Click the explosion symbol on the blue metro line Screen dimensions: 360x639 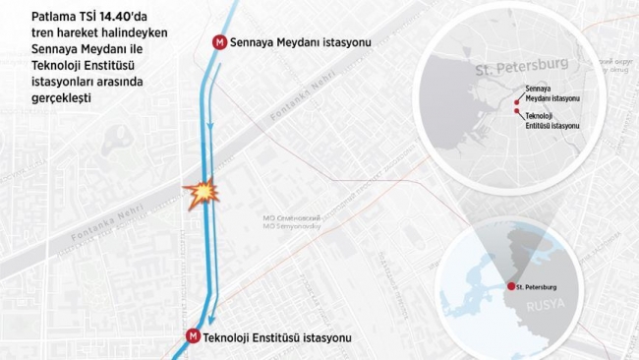click(x=200, y=193)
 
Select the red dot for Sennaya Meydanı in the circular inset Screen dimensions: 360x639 click(x=517, y=97)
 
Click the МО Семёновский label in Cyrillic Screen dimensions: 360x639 click(x=292, y=216)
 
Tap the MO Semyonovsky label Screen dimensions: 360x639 click(x=292, y=226)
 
